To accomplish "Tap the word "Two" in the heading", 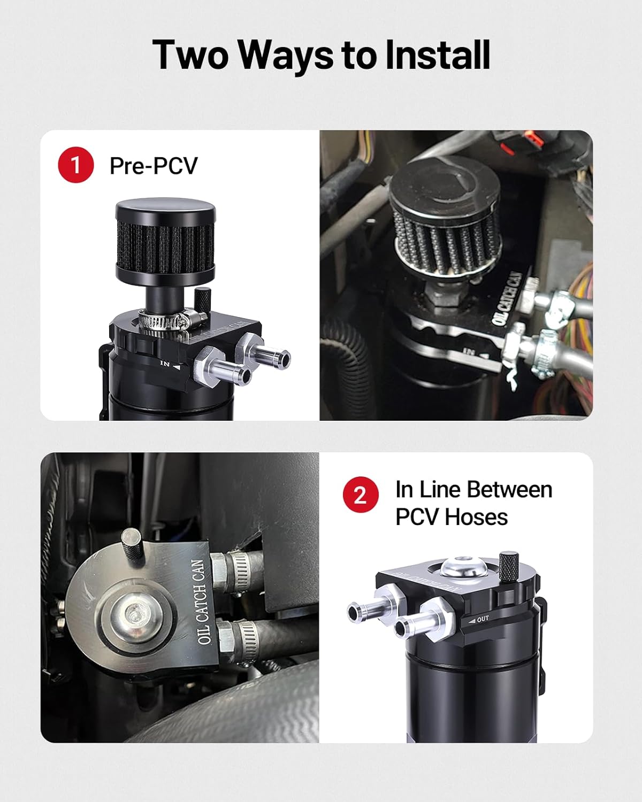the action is (x=190, y=55).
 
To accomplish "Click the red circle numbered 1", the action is (x=76, y=165).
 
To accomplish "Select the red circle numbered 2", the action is (x=361, y=495).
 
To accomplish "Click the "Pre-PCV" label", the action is (x=154, y=165).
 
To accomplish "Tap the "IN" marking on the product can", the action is (x=165, y=364).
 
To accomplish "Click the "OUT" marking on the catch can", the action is (x=483, y=619).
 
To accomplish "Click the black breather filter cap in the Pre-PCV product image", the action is (x=165, y=241).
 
